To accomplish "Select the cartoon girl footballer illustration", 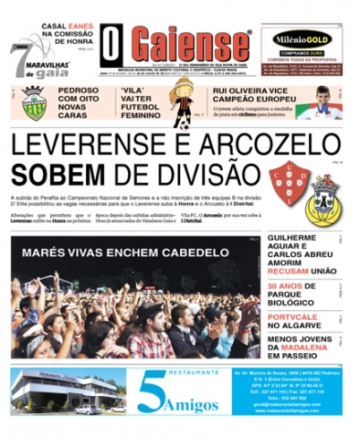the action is (183, 103).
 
